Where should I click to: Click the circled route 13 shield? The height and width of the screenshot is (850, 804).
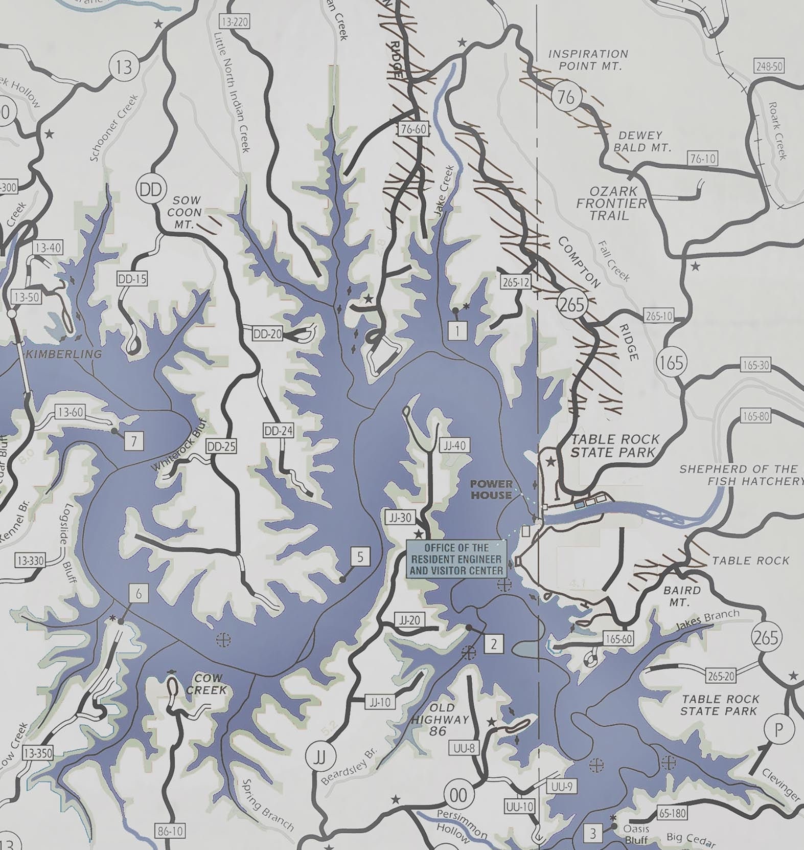click(x=124, y=68)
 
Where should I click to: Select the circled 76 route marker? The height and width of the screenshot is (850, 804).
click(x=566, y=97)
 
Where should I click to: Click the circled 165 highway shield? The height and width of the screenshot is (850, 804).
click(x=671, y=363)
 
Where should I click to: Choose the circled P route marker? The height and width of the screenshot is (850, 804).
click(x=778, y=729)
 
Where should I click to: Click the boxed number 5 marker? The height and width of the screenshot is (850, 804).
click(x=360, y=556)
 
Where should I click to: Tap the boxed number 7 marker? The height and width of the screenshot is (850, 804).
click(x=134, y=440)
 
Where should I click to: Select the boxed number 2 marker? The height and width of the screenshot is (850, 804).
click(x=493, y=644)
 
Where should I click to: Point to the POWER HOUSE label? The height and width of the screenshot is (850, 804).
click(x=491, y=489)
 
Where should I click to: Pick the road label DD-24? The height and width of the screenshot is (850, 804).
click(x=279, y=431)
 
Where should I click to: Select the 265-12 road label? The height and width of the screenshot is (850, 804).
click(x=517, y=282)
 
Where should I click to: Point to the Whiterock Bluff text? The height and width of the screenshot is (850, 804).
click(x=179, y=444)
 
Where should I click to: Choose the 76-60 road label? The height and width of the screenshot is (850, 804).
click(x=413, y=129)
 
